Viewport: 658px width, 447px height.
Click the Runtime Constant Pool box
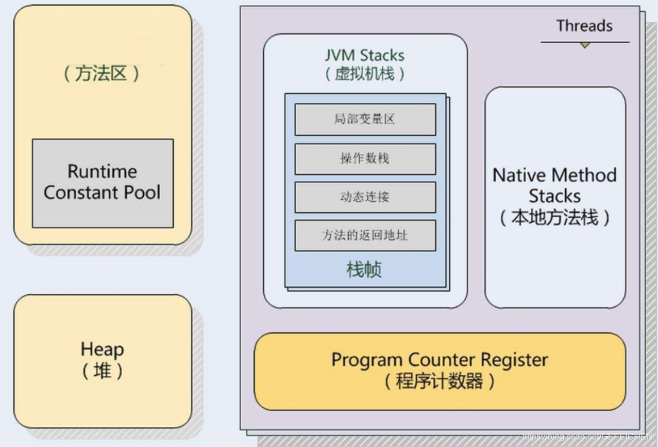pyautogui.click(x=102, y=183)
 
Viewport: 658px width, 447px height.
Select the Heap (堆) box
pyautogui.click(x=102, y=360)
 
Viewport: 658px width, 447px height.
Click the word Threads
pyautogui.click(x=584, y=26)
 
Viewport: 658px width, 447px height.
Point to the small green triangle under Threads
pyautogui.click(x=584, y=45)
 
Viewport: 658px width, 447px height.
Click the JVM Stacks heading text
pyautogui.click(x=364, y=56)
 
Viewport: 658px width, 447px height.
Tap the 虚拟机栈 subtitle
pyautogui.click(x=364, y=74)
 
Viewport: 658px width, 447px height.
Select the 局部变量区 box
pyautogui.click(x=365, y=119)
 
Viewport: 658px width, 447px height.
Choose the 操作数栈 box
pyautogui.click(x=365, y=158)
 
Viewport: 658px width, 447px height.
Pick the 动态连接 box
pyautogui.click(x=365, y=197)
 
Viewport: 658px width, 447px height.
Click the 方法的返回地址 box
pyautogui.click(x=365, y=236)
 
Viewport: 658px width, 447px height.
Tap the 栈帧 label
pyautogui.click(x=364, y=270)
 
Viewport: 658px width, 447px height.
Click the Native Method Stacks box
pyautogui.click(x=555, y=197)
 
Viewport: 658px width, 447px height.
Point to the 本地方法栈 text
pyautogui.click(x=555, y=218)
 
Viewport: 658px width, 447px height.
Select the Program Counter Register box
pyautogui.click(x=440, y=371)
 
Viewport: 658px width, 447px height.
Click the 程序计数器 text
pyautogui.click(x=439, y=381)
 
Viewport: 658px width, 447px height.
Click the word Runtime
pyautogui.click(x=102, y=172)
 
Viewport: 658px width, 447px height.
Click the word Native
pyautogui.click(x=518, y=175)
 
